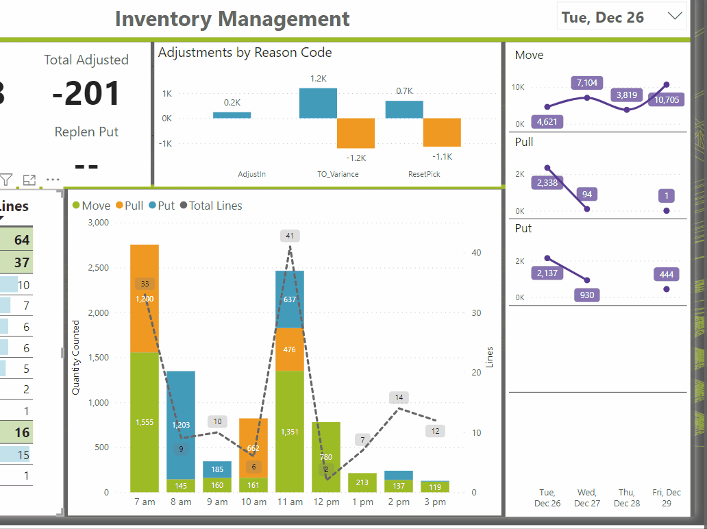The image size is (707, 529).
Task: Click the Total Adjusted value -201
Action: click(x=86, y=94)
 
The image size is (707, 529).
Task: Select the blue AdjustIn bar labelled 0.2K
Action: click(x=232, y=115)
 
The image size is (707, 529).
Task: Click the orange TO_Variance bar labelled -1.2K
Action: click(x=356, y=133)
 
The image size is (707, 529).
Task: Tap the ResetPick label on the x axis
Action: click(x=424, y=174)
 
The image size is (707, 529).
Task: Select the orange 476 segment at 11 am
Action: click(x=290, y=349)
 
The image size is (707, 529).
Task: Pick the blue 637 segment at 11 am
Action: click(x=290, y=299)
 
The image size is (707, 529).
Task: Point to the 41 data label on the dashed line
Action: click(x=290, y=236)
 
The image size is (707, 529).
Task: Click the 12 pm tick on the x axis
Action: click(x=326, y=502)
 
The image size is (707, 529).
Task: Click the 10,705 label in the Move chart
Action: click(x=667, y=100)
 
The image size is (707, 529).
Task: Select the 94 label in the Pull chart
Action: click(x=587, y=195)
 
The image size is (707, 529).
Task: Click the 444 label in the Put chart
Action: click(x=667, y=275)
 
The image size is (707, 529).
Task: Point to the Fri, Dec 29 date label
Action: click(x=667, y=497)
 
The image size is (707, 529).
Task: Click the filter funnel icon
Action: click(x=6, y=180)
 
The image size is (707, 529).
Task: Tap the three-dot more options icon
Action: click(x=53, y=180)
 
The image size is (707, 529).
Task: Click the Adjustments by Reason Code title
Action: click(x=245, y=53)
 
